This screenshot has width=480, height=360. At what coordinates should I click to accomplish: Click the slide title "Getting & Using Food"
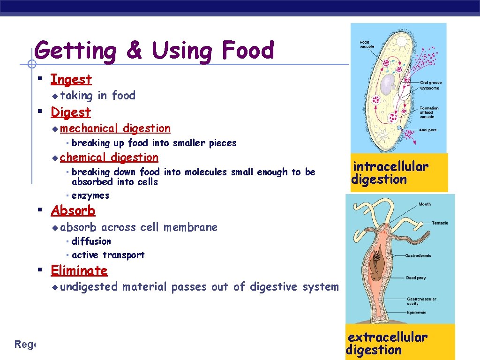(x=154, y=50)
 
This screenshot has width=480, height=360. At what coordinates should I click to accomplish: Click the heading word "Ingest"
(x=71, y=79)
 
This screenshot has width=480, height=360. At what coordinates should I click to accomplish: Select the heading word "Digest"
(x=70, y=112)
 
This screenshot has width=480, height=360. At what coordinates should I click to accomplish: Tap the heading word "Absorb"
(x=73, y=211)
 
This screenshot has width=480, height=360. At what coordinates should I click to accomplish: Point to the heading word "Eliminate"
(x=79, y=270)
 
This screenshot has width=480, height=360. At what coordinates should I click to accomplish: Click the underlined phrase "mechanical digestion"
(x=115, y=128)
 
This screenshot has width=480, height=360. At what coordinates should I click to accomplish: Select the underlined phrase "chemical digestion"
(x=109, y=157)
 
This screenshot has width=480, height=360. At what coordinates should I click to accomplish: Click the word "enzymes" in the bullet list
(x=90, y=195)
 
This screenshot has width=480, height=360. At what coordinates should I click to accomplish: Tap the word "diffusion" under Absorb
(x=91, y=241)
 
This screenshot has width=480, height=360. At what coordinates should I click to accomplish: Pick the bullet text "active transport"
(x=108, y=255)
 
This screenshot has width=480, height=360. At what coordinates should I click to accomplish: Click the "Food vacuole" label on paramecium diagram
(x=364, y=45)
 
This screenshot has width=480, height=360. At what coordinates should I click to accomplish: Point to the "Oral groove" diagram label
(x=431, y=83)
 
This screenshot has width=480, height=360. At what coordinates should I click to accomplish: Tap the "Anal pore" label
(x=428, y=130)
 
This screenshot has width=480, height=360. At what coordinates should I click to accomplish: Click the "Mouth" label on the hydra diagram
(x=425, y=204)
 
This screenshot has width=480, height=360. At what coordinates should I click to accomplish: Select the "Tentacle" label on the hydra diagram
(x=439, y=223)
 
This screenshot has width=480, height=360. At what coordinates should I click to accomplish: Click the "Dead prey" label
(x=416, y=278)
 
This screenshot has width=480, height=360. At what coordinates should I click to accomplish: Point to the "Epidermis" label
(x=416, y=312)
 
